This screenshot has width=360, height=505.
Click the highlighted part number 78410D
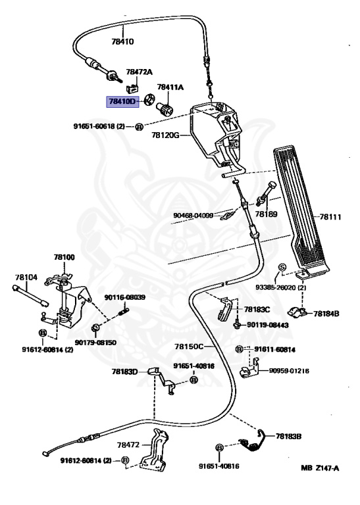pos(122,101)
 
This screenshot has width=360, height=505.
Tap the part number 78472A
pos(139,72)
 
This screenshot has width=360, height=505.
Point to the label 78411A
pos(170,87)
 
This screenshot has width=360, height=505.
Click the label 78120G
pos(166,135)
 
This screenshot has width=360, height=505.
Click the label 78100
pos(64,257)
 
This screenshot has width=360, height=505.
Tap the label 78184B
pos(326,314)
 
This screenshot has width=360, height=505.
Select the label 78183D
pos(125,372)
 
